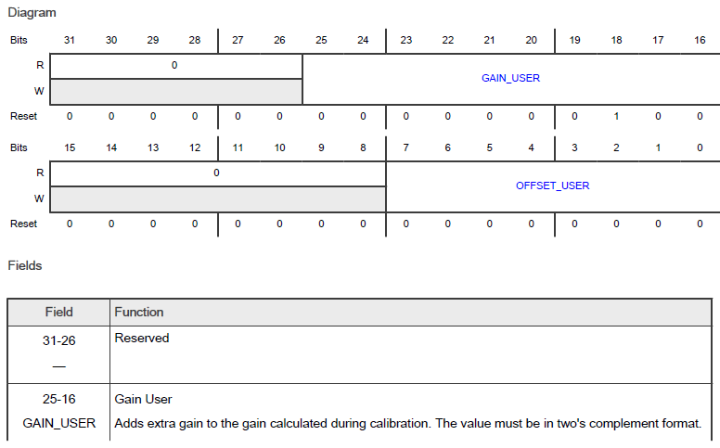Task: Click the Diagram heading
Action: coord(32,14)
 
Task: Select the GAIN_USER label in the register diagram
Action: coord(510,79)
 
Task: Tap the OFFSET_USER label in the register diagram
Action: coord(552,186)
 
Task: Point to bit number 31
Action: coord(70,40)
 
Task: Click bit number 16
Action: coord(700,40)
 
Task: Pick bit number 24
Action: coord(363,40)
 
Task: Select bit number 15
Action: coord(70,147)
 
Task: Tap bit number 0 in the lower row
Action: coord(700,147)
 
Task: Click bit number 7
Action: coord(405,147)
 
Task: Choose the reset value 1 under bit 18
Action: coord(616,117)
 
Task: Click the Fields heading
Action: coord(25,265)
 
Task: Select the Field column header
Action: coord(58,313)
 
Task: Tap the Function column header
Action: coord(139,313)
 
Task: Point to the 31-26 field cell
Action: coord(58,339)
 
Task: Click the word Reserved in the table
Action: coord(142,339)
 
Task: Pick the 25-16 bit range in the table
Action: coord(58,400)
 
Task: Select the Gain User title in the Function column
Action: coord(143,400)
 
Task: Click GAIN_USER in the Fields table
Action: coord(58,424)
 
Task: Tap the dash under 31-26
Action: coord(58,365)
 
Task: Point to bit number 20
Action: coord(532,40)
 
